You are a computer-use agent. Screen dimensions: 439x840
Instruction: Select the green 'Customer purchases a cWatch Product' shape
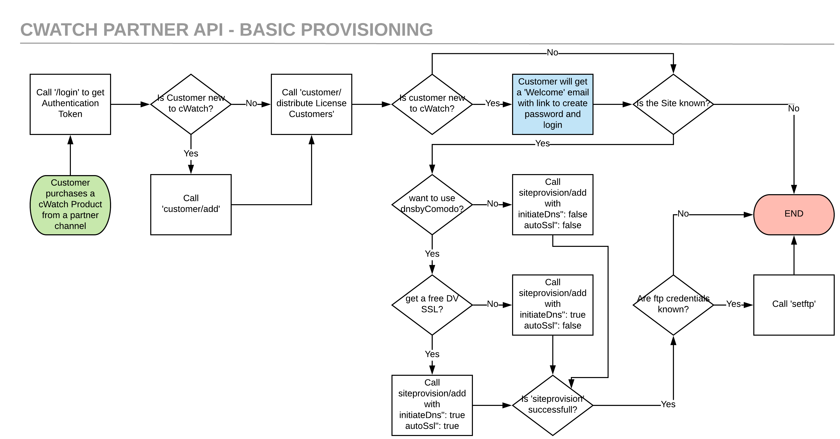[x=70, y=204]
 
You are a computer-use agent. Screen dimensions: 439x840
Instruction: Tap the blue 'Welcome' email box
[x=552, y=104]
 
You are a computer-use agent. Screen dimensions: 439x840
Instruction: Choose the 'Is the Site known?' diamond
[x=673, y=104]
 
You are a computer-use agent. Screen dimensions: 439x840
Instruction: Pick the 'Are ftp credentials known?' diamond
[x=673, y=304]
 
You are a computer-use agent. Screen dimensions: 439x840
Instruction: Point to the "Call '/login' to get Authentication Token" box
[x=70, y=104]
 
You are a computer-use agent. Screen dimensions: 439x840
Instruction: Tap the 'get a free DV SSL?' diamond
[x=432, y=304]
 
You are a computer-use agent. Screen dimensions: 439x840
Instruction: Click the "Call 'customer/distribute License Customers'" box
[x=311, y=104]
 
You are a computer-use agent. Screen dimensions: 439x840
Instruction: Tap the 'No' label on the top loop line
[x=552, y=53]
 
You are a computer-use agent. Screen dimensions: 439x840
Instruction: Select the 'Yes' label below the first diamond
[x=191, y=153]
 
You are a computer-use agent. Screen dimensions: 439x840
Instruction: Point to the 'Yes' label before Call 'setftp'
[x=733, y=304]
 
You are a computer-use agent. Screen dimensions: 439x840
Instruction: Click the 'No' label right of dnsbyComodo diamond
[x=492, y=204]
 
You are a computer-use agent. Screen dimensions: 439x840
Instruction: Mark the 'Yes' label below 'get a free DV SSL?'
[x=432, y=354]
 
